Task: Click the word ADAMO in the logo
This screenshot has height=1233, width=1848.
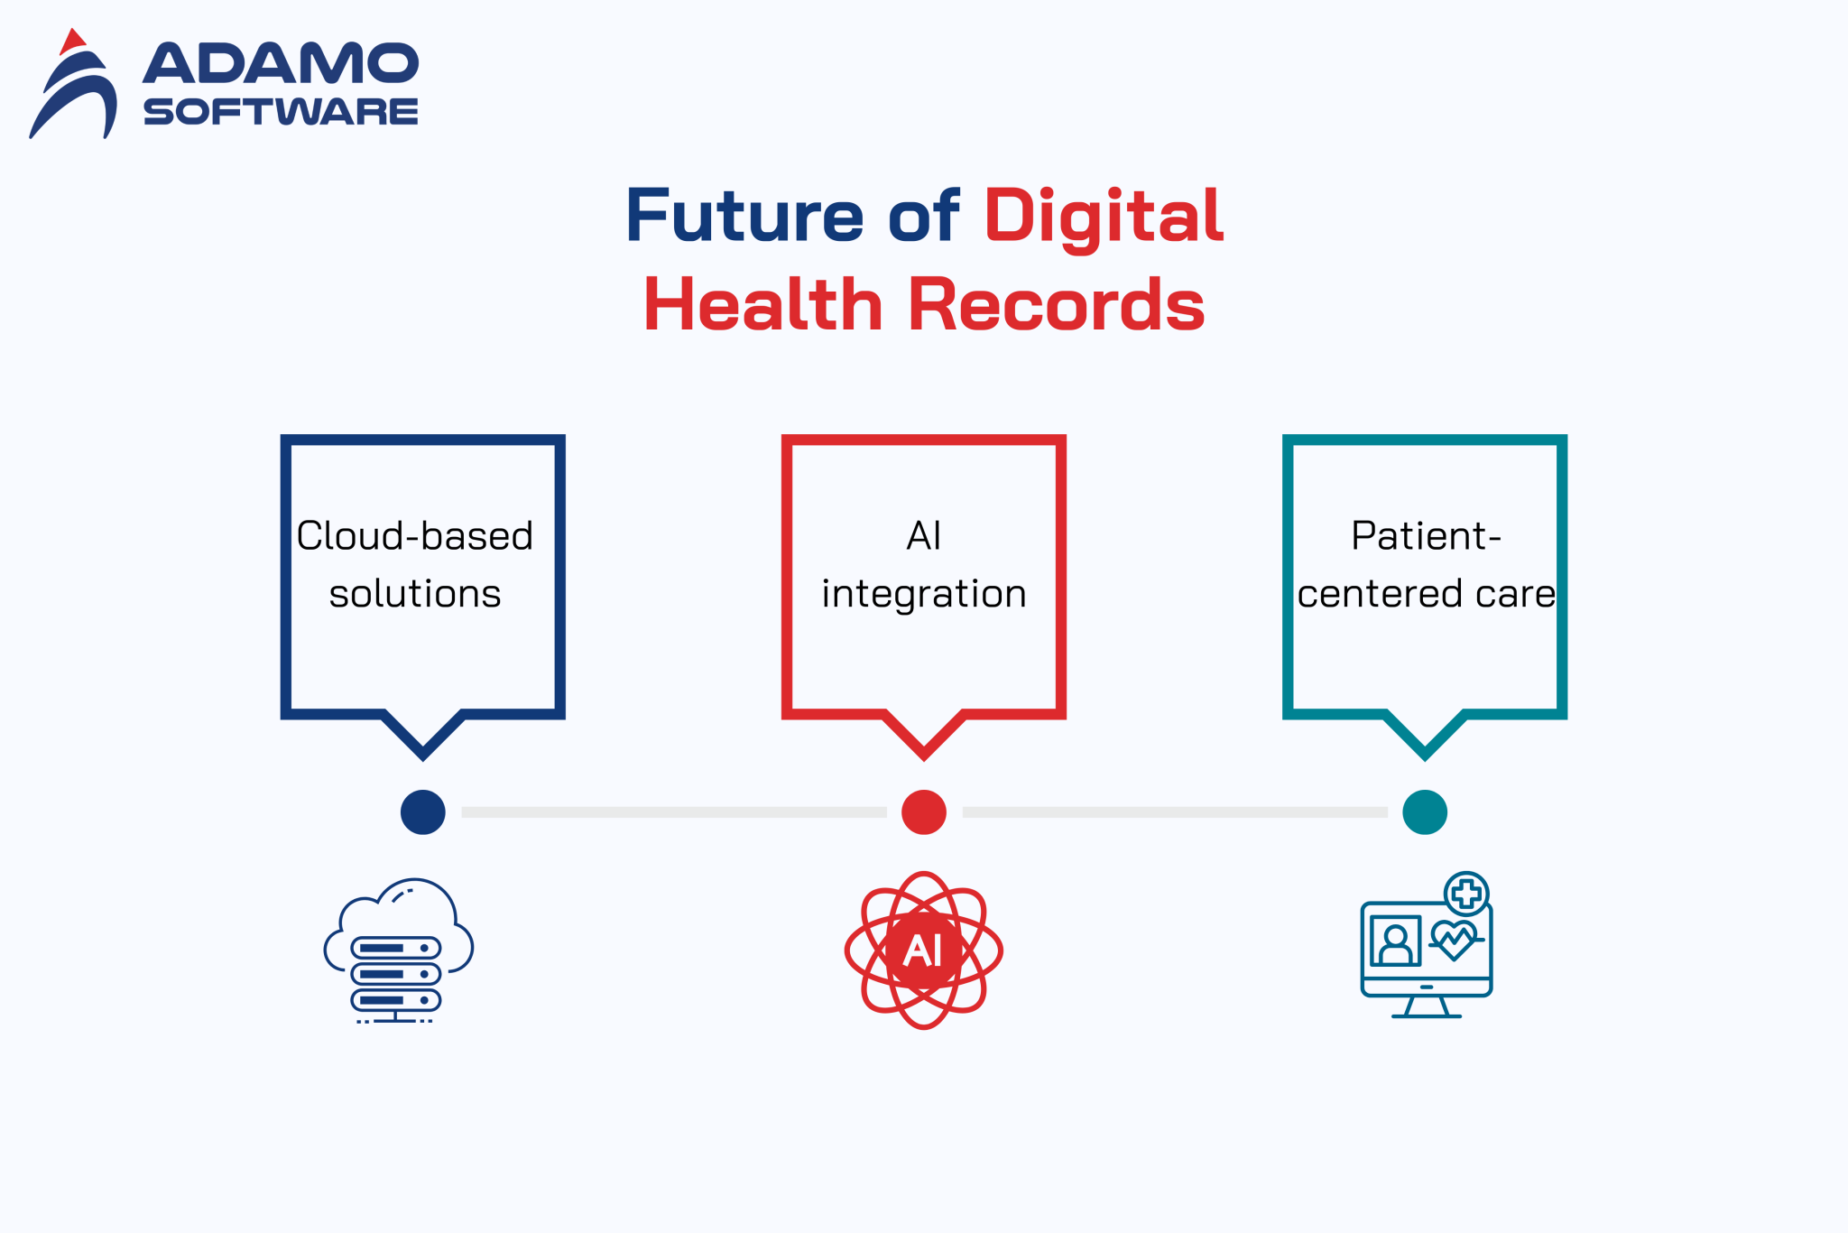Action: click(281, 64)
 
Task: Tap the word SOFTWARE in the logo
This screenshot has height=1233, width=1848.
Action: click(281, 112)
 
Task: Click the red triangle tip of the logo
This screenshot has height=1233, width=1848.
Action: click(72, 41)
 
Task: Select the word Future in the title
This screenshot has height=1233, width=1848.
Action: click(744, 216)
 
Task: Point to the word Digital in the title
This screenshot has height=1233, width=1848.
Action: click(1103, 216)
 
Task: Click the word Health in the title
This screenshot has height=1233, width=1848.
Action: click(762, 305)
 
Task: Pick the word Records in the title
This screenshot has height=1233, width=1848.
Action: click(1056, 305)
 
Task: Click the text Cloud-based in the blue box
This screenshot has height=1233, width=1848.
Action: click(414, 536)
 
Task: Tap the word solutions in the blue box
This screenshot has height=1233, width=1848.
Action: click(414, 594)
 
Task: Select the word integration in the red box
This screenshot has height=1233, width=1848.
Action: click(924, 594)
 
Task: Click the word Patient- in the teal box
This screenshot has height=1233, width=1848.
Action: click(1426, 536)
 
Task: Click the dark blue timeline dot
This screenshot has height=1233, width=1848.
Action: click(422, 812)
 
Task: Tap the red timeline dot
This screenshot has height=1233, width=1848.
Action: click(924, 812)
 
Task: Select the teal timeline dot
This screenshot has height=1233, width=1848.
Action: click(1425, 812)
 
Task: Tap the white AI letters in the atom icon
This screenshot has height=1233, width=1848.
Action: click(923, 950)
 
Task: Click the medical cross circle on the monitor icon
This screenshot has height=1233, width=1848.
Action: click(1466, 894)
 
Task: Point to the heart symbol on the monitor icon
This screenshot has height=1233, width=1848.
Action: click(1453, 940)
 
